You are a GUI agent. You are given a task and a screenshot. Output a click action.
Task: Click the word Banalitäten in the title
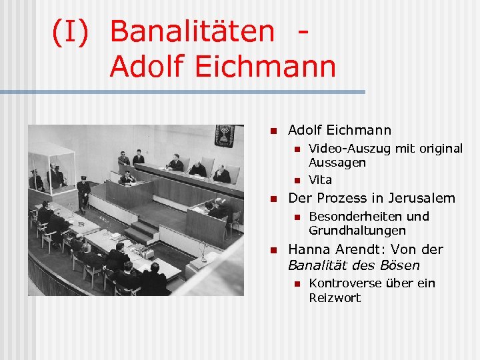pyautogui.click(x=191, y=31)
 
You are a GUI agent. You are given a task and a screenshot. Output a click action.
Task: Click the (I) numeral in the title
pyautogui.click(x=70, y=32)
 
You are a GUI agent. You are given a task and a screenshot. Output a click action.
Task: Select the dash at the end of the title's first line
pyautogui.click(x=304, y=31)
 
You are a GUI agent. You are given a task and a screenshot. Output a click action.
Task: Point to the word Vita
pyautogui.click(x=320, y=180)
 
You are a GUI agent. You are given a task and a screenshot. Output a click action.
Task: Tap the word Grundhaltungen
pyautogui.click(x=357, y=231)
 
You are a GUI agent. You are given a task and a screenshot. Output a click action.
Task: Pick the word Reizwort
pyautogui.click(x=335, y=298)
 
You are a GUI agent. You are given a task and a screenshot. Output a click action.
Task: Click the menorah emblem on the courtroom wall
pyautogui.click(x=224, y=135)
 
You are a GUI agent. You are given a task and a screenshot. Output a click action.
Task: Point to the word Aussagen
pyautogui.click(x=337, y=163)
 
